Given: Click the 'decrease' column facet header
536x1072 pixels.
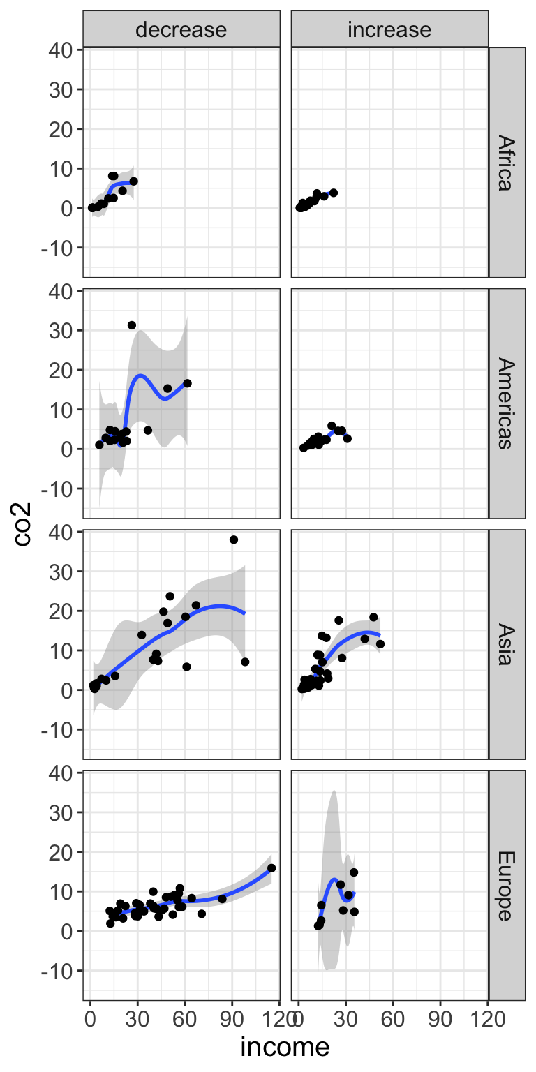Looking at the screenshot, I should (x=181, y=29).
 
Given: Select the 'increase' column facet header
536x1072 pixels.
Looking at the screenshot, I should (x=389, y=29).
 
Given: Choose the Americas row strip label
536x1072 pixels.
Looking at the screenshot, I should (x=506, y=403).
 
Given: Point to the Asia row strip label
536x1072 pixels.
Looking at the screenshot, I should (x=506, y=643).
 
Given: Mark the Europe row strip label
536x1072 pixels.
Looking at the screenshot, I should (x=506, y=885).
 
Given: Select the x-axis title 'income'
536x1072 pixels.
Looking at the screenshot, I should (x=285, y=1047).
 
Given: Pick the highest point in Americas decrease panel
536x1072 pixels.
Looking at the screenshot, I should (x=131, y=325).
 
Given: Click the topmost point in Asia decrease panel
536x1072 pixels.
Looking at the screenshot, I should (x=234, y=539).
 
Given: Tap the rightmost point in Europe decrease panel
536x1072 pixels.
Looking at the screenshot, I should (x=271, y=868).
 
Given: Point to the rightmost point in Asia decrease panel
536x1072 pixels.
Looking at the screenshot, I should (x=245, y=662).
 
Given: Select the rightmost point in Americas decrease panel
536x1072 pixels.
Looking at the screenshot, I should (x=187, y=383).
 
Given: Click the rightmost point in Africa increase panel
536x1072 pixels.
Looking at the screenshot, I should (x=333, y=193).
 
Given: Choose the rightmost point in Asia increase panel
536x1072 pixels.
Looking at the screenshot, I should (x=380, y=643).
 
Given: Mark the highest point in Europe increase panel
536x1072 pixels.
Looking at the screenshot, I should (x=354, y=872).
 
